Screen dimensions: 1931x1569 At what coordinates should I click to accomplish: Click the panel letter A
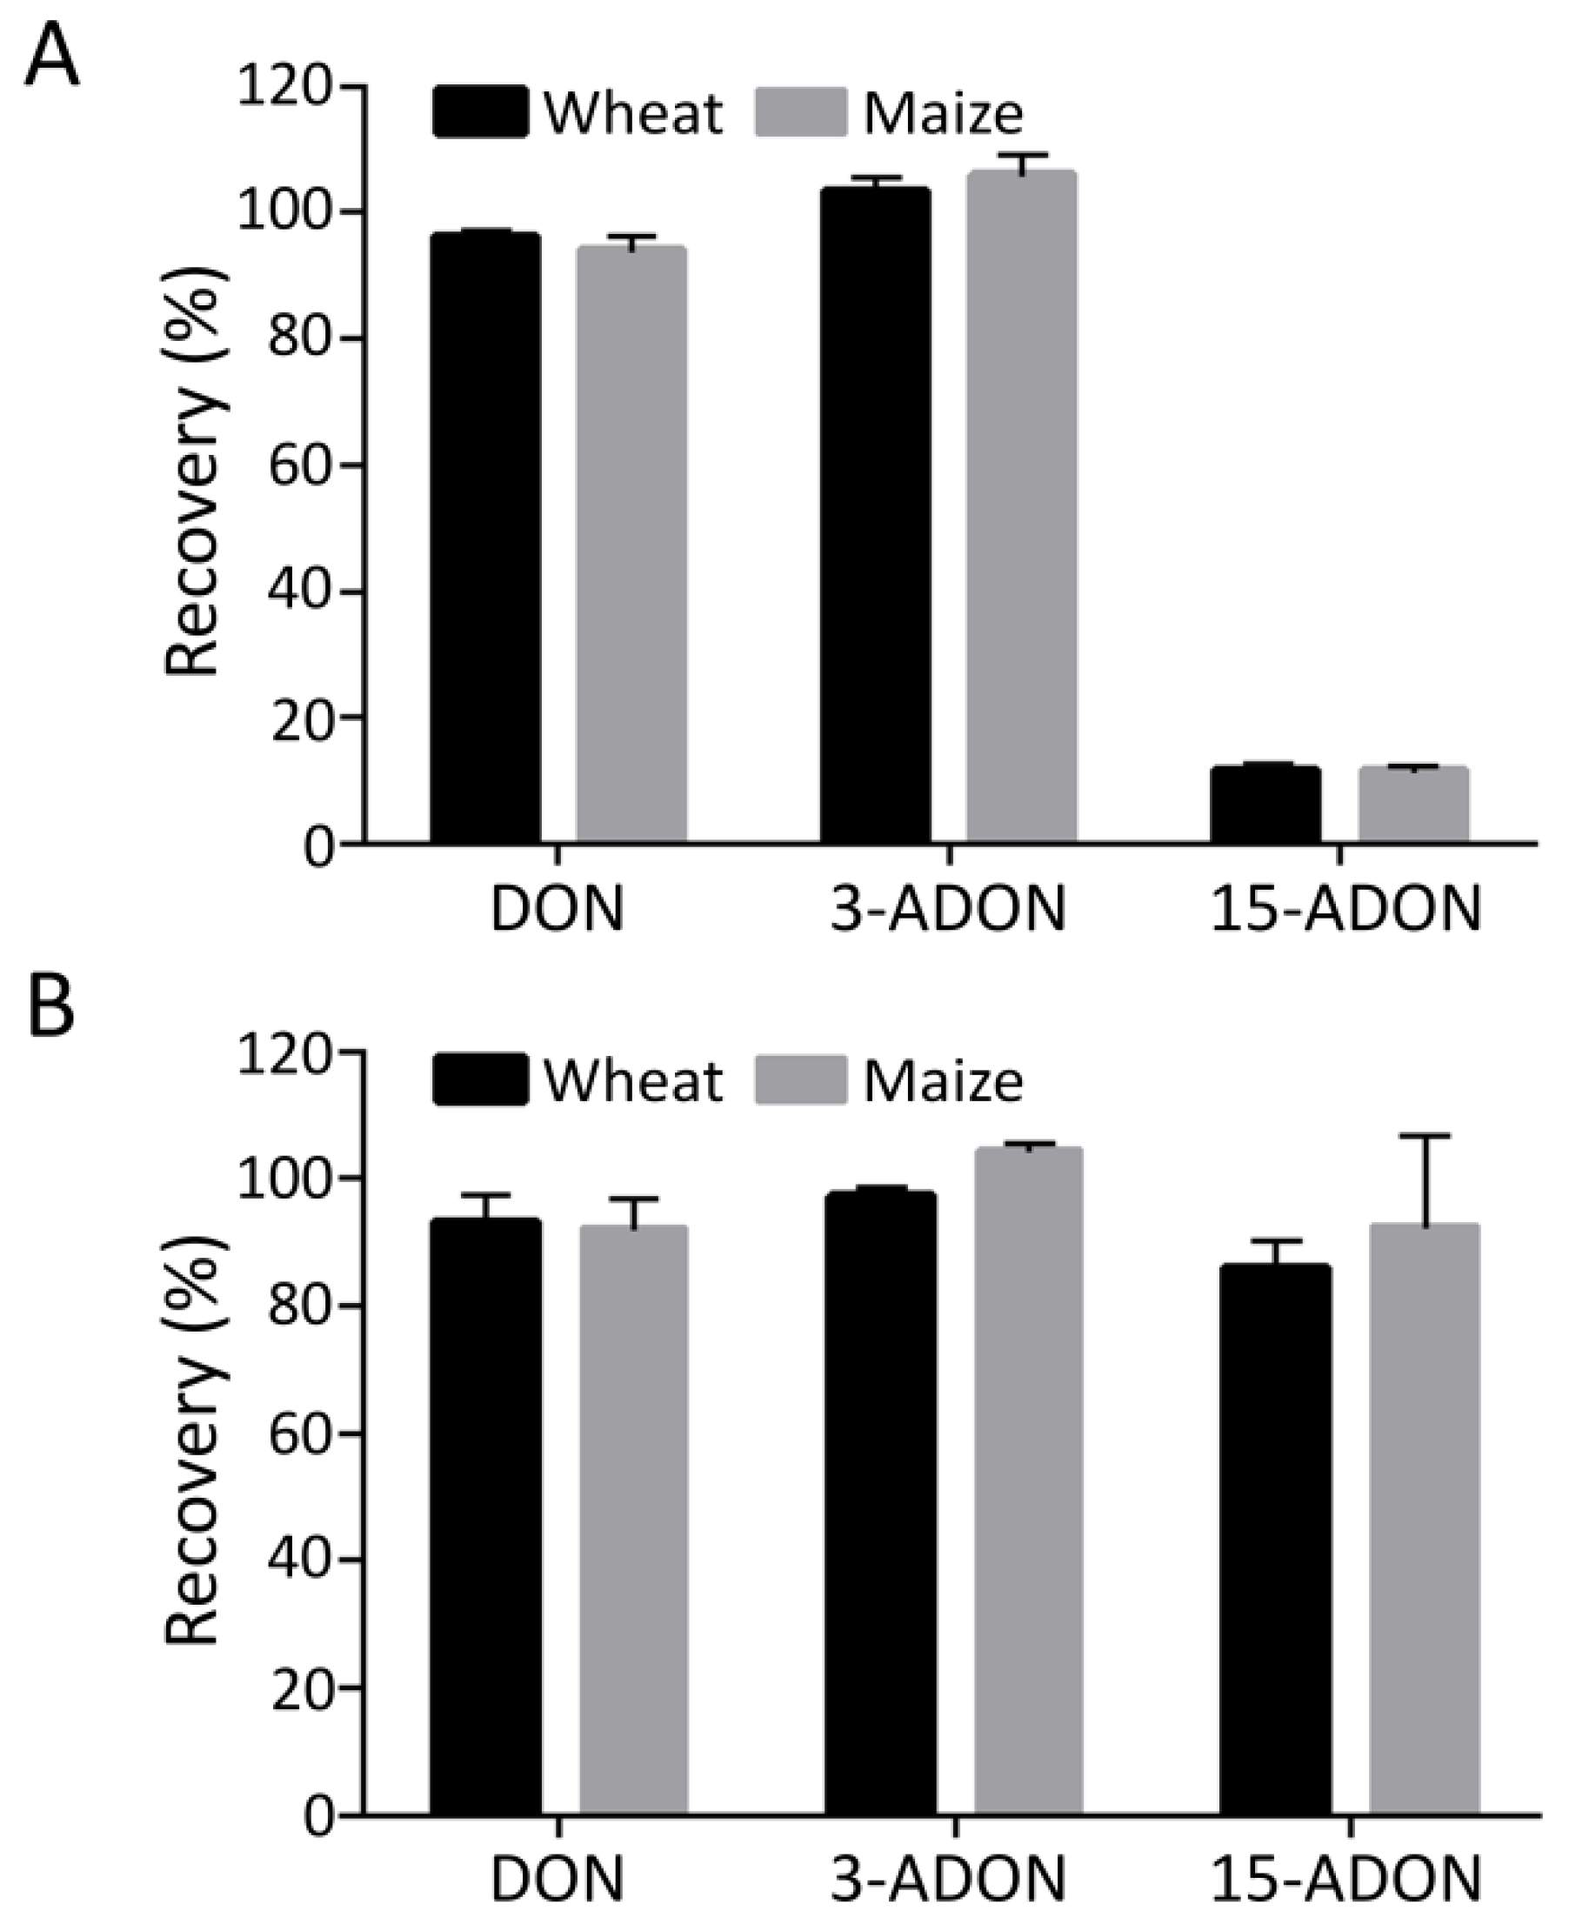point(52,56)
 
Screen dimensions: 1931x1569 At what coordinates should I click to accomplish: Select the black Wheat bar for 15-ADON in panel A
point(1265,805)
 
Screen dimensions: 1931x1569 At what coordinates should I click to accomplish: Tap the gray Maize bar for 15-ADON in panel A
point(1413,805)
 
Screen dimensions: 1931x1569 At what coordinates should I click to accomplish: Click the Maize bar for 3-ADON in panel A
point(1021,506)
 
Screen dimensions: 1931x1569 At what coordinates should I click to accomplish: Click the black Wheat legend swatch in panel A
point(480,112)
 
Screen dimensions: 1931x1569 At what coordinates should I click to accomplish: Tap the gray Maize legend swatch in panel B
point(801,1079)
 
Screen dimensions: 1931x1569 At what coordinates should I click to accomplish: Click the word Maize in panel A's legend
point(943,114)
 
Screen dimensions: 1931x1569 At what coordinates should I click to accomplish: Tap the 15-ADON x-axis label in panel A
point(1345,909)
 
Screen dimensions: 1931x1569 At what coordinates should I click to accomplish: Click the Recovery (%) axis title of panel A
point(194,470)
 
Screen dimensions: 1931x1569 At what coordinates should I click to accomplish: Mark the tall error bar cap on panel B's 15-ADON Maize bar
point(1425,1135)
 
